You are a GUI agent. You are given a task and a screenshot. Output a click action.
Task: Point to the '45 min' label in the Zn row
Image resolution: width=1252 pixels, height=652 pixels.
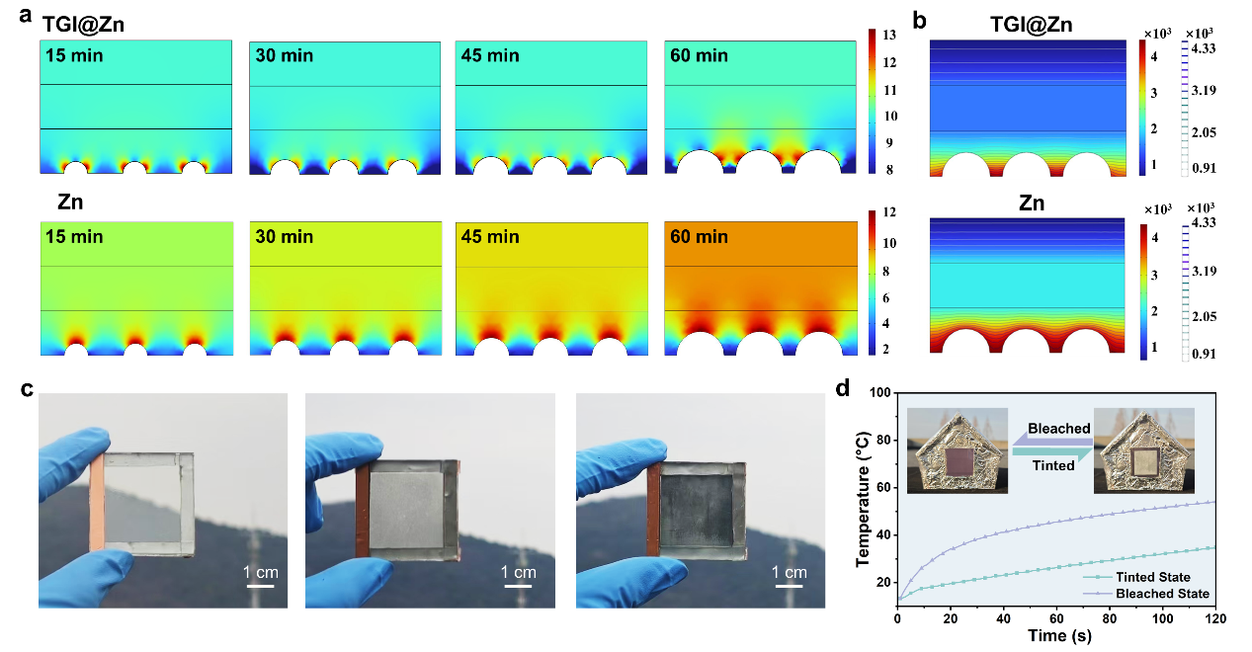[x=491, y=237]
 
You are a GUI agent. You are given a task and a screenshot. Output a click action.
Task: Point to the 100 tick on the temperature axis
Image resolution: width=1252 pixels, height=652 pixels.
[x=879, y=393]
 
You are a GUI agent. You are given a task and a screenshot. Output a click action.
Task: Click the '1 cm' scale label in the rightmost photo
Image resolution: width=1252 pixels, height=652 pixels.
[x=789, y=572]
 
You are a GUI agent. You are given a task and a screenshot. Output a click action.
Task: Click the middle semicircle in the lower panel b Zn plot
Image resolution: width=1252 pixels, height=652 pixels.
[x=1028, y=342]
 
